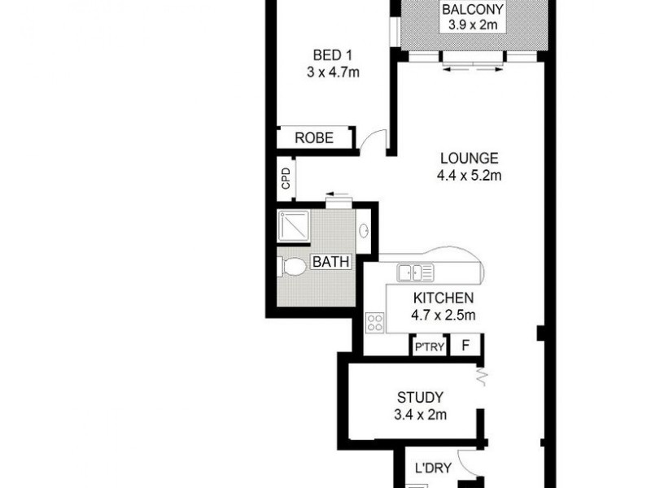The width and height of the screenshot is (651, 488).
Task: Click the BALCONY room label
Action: click(472, 11)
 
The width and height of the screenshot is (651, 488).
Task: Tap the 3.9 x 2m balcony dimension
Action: click(472, 25)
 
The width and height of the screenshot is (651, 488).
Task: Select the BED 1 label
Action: click(333, 56)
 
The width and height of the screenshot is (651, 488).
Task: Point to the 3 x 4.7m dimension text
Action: click(333, 72)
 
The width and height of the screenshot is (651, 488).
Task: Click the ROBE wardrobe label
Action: click(314, 138)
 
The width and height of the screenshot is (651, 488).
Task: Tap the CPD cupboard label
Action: click(286, 178)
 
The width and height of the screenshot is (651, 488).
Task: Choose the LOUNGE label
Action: click(469, 159)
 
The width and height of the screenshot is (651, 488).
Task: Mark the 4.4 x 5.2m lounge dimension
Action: click(469, 175)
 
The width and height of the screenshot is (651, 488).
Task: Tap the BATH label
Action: click(331, 263)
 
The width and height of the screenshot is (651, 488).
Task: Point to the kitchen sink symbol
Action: click(415, 272)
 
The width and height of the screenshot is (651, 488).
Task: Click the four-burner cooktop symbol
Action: click(375, 321)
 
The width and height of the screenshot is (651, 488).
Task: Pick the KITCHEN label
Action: click(443, 299)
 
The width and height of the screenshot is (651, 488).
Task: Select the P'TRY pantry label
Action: click(429, 346)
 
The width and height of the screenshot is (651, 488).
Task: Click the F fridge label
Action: click(466, 346)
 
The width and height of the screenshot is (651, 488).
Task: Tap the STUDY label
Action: click(420, 398)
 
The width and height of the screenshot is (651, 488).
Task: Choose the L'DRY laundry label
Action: click(429, 468)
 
